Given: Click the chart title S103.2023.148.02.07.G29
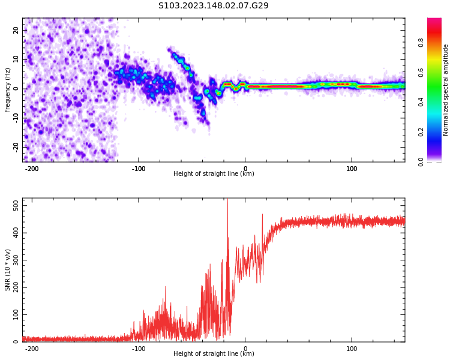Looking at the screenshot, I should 214,6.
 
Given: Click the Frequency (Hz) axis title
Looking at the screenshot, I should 8,90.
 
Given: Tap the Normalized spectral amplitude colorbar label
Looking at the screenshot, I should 446,90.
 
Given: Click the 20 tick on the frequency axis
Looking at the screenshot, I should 16,30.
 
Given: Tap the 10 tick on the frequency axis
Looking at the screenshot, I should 16,59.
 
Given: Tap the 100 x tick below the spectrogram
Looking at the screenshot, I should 352,169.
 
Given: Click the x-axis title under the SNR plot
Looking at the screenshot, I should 214,354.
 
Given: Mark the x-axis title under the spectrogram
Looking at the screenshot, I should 214,174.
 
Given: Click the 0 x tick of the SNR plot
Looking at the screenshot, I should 245,349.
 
